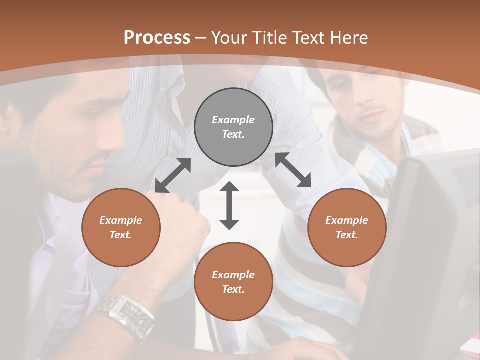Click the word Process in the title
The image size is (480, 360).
pyautogui.click(x=157, y=37)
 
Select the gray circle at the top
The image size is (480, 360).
pyautogui.click(x=233, y=127)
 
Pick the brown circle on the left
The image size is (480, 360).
pyautogui.click(x=121, y=227)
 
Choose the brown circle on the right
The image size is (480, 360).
pyautogui.click(x=347, y=227)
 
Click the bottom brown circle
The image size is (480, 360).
pyautogui.click(x=233, y=282)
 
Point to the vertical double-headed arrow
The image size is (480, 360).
pyautogui.click(x=229, y=206)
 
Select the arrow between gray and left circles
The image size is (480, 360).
pyautogui.click(x=173, y=175)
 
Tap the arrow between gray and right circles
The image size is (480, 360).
pyautogui.click(x=293, y=170)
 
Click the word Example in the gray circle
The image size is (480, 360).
pyautogui.click(x=233, y=120)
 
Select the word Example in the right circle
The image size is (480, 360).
pyautogui.click(x=347, y=220)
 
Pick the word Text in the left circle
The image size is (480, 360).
pyautogui.click(x=120, y=235)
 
